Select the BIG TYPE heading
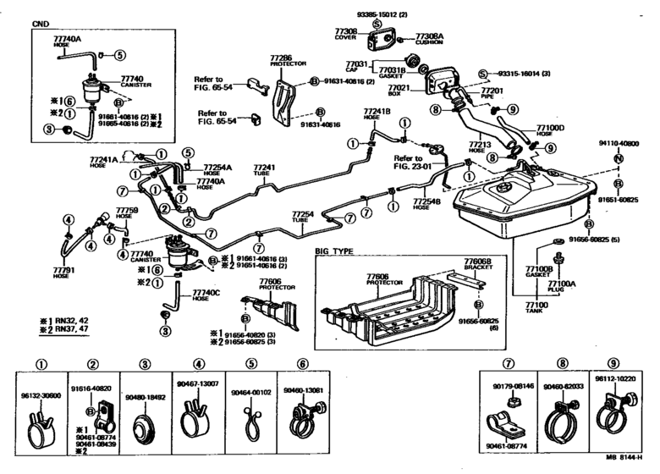[334, 251]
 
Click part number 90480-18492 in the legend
[146, 395]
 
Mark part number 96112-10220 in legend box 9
[615, 380]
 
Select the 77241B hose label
[377, 114]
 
